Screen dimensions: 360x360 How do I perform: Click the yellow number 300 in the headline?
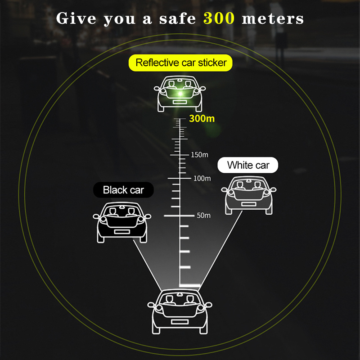tap(219, 18)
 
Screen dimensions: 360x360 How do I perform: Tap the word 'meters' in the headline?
tap(273, 19)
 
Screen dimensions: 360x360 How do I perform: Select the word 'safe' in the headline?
tap(177, 18)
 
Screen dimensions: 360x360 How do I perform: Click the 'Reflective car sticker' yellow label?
tap(180, 63)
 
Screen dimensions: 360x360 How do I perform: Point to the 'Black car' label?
tap(123, 190)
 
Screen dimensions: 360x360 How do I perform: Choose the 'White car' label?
tap(248, 165)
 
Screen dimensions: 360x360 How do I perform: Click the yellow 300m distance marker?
tap(202, 118)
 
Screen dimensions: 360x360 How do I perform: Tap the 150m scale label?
tap(199, 155)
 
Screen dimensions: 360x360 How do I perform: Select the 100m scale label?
tap(202, 178)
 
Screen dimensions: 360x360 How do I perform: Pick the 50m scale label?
tap(204, 216)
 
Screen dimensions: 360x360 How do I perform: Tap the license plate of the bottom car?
tap(180, 322)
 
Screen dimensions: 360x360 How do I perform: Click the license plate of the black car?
tap(122, 232)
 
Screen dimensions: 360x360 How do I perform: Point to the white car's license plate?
tap(249, 204)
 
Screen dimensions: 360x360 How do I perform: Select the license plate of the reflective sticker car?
tap(180, 102)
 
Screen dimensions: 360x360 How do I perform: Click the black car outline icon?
tap(122, 222)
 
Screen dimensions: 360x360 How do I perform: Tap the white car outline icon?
tap(249, 195)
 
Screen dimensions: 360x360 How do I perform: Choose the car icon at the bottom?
tap(180, 311)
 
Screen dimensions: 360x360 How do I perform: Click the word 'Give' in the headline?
tap(76, 18)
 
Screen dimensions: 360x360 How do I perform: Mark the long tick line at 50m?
tap(179, 216)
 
